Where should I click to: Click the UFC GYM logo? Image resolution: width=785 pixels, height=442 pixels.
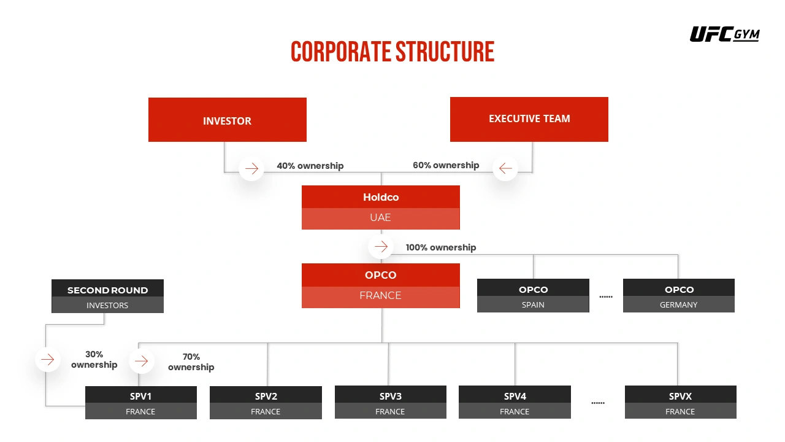[x=724, y=34]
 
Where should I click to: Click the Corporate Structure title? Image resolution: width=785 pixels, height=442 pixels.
[x=392, y=52]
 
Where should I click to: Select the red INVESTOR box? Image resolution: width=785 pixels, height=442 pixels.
[x=227, y=120]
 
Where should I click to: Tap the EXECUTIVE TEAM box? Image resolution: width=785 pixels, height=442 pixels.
[x=529, y=119]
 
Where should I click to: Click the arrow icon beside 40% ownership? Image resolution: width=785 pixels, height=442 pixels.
[x=251, y=168]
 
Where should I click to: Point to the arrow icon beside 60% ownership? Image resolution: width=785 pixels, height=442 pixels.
[x=505, y=168]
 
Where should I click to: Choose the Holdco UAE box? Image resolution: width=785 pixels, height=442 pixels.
[x=380, y=207]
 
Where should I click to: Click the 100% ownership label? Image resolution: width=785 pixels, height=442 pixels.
[x=440, y=247]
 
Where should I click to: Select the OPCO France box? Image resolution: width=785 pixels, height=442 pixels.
[x=380, y=285]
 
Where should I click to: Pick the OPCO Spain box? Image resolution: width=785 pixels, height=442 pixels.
[x=533, y=296]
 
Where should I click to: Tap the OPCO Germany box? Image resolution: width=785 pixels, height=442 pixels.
[x=678, y=296]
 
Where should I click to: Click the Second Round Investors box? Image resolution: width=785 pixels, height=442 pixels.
[x=107, y=297]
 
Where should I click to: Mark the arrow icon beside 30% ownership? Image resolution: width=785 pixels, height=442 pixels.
[x=48, y=359]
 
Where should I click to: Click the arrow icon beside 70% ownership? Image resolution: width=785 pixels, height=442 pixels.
[x=142, y=361]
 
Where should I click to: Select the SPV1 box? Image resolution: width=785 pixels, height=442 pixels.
[x=140, y=403]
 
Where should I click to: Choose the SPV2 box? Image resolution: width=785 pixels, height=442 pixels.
[x=266, y=403]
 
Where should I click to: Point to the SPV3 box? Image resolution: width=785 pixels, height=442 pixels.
[x=390, y=403]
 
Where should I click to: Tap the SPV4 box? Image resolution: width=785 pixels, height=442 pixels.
[x=515, y=403]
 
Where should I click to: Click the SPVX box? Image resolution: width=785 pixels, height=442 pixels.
[x=680, y=403]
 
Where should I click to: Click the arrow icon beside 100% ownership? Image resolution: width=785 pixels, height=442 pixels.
[x=381, y=247]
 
